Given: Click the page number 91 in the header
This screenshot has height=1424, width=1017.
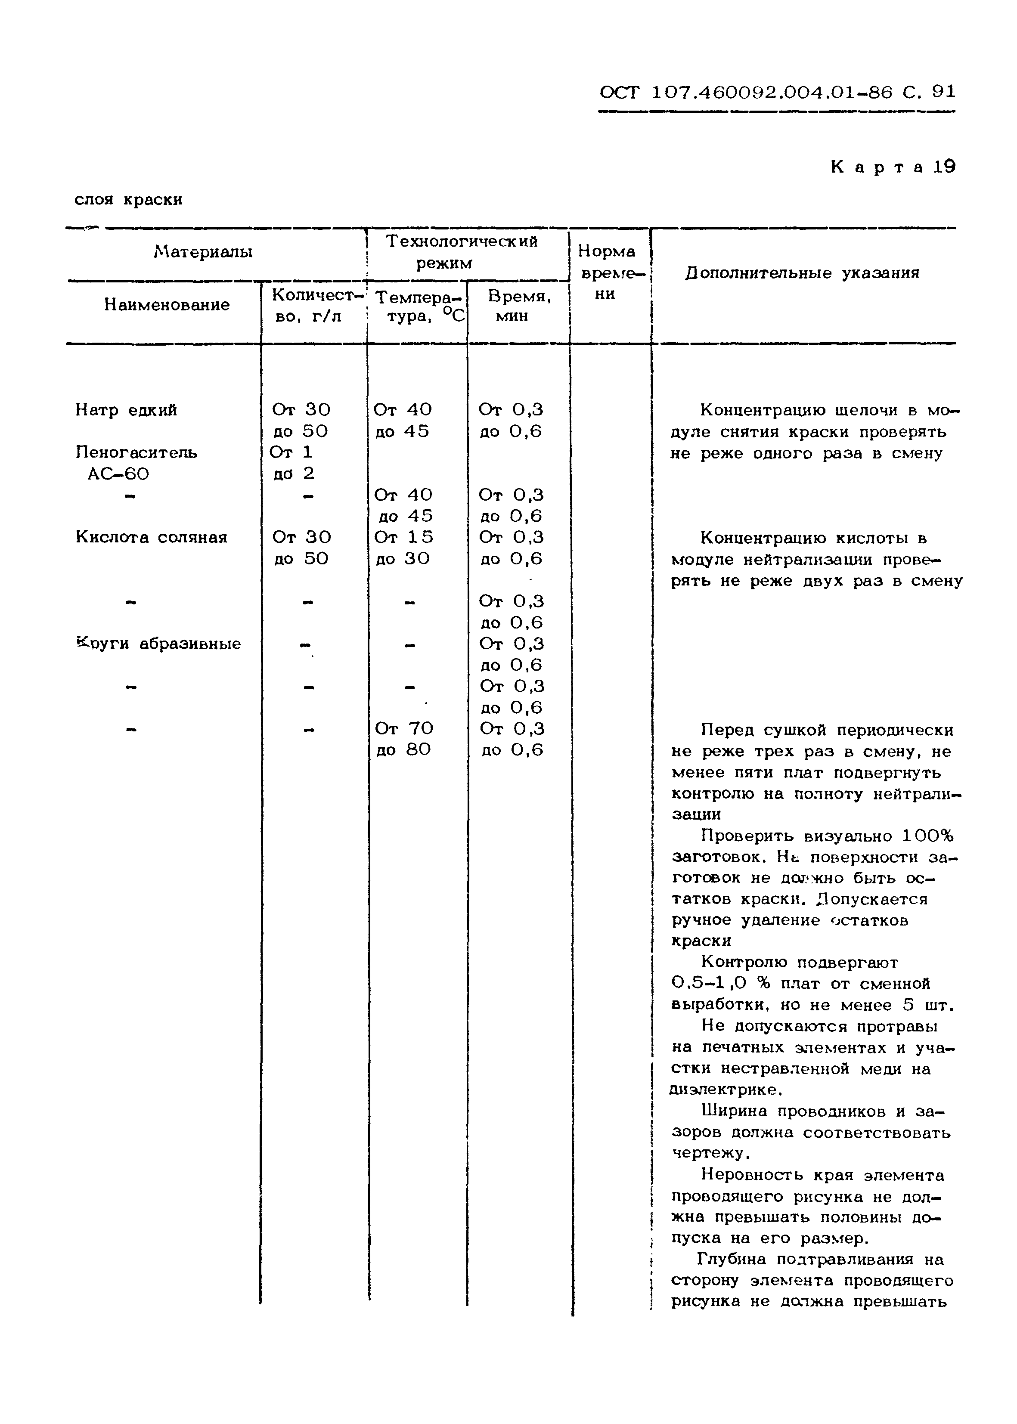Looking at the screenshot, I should coord(943,92).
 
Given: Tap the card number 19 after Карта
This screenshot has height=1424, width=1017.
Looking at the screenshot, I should coord(944,167).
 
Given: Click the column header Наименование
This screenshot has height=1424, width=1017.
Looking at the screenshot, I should coord(167,305).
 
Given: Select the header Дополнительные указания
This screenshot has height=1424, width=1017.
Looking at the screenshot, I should coord(802,273).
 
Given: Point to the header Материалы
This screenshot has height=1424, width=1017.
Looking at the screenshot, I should coord(203,252).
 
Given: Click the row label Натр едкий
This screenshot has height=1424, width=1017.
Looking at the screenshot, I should coord(126,410).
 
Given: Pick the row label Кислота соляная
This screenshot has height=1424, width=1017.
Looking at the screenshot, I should coord(151,537).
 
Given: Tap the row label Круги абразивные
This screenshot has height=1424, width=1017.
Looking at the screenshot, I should coord(158,644).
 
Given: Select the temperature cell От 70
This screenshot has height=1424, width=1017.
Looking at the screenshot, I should coord(404,729).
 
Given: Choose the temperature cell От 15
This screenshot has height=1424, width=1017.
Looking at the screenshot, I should coord(403,537).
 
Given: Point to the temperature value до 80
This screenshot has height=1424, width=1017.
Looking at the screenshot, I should coord(403,749).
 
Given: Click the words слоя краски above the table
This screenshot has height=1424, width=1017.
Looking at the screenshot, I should coord(128,200).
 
